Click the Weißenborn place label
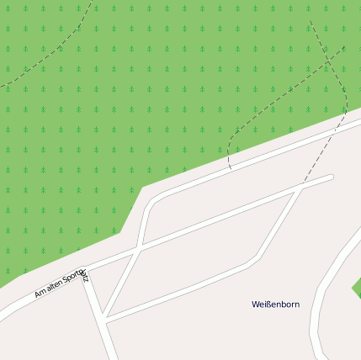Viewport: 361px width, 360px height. [x=276, y=304]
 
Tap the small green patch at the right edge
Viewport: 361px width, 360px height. [x=357, y=289]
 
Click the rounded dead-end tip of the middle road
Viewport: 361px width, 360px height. [x=331, y=177]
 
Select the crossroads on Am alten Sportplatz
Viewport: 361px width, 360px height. [x=138, y=246]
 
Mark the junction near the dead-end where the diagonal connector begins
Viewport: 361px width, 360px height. [x=300, y=188]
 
